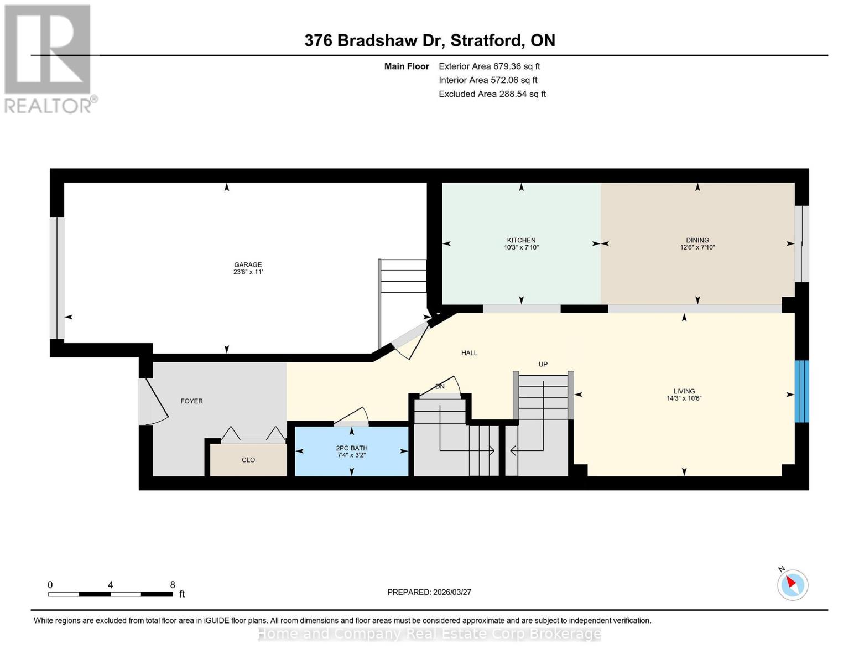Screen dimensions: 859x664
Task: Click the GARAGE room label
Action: coord(248,264)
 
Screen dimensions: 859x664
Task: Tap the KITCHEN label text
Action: coord(521,240)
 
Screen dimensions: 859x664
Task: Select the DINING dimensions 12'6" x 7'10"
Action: coord(697,247)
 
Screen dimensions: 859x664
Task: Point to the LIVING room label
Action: coord(684,391)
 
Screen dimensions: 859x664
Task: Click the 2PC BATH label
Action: coord(351,448)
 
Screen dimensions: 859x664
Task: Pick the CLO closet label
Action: coord(248,460)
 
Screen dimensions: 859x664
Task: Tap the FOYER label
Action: coord(192,401)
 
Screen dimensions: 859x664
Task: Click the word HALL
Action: coord(469,353)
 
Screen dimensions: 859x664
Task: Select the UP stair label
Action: coord(543,364)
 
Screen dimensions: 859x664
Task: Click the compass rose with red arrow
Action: coord(792,585)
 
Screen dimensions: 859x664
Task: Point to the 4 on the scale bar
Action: coord(110,585)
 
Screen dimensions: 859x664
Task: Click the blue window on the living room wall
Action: coord(801,391)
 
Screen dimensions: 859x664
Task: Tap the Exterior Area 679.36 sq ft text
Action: coord(489,66)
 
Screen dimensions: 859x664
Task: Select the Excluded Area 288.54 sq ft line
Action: coord(492,94)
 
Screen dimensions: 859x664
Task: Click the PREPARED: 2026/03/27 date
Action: coord(429,593)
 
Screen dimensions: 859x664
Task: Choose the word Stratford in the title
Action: coord(486,41)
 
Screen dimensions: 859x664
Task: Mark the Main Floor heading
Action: coord(407,66)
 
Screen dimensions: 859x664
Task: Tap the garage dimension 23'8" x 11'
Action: coord(248,272)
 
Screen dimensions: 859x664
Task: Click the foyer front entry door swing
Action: coord(154,401)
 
